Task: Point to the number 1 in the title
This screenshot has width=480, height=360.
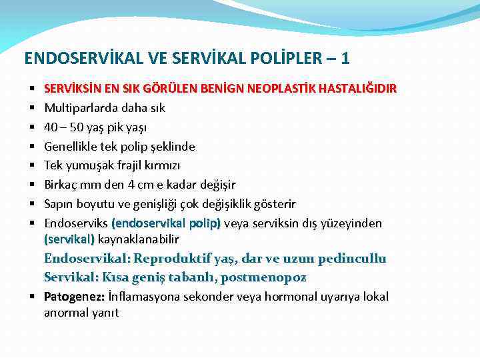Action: tap(345, 59)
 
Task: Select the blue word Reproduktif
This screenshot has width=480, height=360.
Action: tap(174, 259)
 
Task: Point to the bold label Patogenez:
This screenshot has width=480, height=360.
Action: tap(73, 297)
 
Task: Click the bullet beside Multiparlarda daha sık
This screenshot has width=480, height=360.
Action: tap(31, 108)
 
